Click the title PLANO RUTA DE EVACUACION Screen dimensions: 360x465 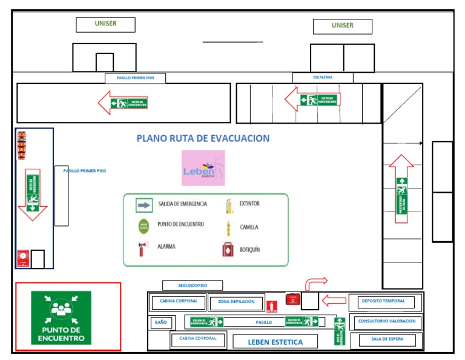point(203,138)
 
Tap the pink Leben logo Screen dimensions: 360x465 point(203,168)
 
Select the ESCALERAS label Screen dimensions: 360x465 point(322,78)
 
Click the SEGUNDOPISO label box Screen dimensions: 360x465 point(193,285)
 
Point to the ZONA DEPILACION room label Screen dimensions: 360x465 point(236,302)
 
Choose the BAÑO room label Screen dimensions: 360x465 point(160,322)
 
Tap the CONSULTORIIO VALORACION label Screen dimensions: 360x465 point(387,321)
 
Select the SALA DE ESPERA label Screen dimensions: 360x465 point(387,339)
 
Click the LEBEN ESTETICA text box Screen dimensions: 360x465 point(275,342)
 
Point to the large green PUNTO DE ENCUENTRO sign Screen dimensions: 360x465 point(61,318)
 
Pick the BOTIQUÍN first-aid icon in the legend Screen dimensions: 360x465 point(229,249)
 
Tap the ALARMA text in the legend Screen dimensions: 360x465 point(167,247)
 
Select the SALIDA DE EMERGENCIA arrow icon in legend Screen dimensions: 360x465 point(143,205)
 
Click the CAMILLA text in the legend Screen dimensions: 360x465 point(249,227)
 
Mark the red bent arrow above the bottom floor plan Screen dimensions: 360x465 point(315,282)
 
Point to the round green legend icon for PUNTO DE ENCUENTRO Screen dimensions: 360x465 point(143,227)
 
